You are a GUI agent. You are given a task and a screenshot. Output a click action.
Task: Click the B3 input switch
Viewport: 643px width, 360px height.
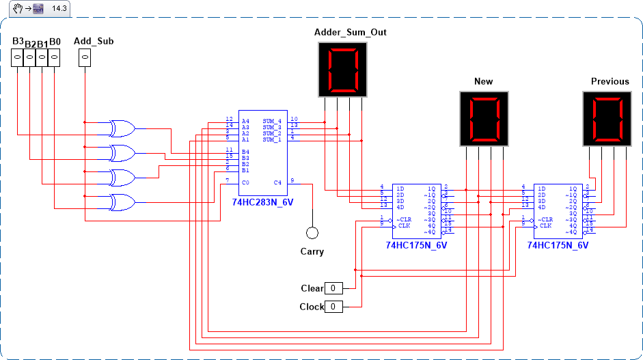pyautogui.click(x=18, y=58)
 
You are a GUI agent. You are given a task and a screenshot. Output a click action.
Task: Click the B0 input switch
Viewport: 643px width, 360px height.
pyautogui.click(x=54, y=58)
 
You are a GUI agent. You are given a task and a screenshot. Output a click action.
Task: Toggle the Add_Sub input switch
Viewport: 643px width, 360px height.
pyautogui.click(x=85, y=58)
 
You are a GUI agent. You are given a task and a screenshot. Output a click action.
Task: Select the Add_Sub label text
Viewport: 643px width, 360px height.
pyautogui.click(x=94, y=41)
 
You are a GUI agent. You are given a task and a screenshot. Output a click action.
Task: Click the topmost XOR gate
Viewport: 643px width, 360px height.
pyautogui.click(x=121, y=128)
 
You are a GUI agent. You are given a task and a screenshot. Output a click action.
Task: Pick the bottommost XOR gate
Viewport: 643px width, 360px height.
pyautogui.click(x=121, y=202)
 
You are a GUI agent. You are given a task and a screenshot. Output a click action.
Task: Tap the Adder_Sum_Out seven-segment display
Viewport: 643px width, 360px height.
pyautogui.click(x=342, y=70)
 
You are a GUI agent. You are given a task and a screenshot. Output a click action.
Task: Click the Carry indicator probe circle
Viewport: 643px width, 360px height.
pyautogui.click(x=312, y=233)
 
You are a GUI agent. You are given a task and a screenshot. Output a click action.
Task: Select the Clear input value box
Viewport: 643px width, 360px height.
pyautogui.click(x=333, y=288)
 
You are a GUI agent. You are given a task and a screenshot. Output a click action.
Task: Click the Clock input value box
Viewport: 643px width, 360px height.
pyautogui.click(x=333, y=307)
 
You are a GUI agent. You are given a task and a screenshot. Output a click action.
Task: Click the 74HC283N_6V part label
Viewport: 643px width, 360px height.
pyautogui.click(x=262, y=203)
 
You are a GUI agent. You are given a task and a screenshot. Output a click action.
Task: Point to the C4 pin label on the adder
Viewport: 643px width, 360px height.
pyautogui.click(x=277, y=182)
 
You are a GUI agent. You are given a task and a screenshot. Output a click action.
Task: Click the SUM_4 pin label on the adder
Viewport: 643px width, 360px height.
pyautogui.click(x=272, y=121)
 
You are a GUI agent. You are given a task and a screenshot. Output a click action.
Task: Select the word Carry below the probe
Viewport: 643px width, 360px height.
pyautogui.click(x=312, y=251)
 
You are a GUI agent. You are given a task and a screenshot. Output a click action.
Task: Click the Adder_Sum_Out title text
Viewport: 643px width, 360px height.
pyautogui.click(x=351, y=33)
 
